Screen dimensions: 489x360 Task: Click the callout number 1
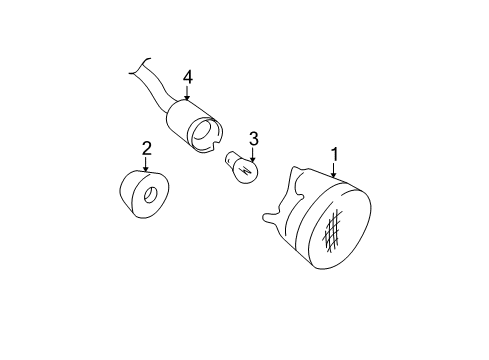click(335, 154)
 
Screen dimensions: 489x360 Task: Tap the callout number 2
click(147, 148)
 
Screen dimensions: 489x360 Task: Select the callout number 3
click(254, 139)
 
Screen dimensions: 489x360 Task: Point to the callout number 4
click(188, 77)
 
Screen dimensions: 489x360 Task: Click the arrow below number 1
click(333, 170)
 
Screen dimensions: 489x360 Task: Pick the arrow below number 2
click(145, 164)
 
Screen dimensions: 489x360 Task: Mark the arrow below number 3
click(253, 155)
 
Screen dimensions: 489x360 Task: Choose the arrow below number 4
click(187, 93)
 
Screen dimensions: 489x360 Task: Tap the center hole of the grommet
click(151, 195)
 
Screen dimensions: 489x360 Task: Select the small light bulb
click(243, 168)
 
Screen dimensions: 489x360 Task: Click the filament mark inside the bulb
click(247, 172)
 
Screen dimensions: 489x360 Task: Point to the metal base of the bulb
click(231, 158)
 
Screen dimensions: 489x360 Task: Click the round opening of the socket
click(203, 130)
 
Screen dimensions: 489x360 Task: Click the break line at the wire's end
click(139, 66)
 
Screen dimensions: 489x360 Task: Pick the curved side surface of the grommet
click(128, 192)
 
